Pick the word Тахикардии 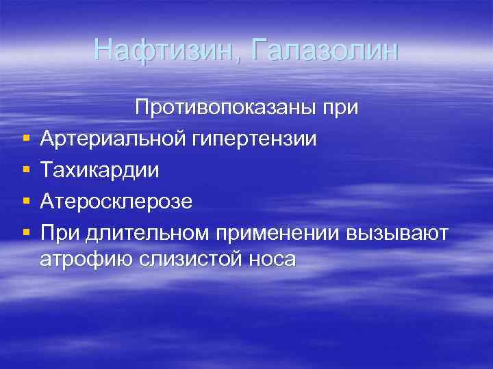(x=99, y=170)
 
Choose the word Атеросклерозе (x=116, y=202)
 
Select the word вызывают (x=399, y=233)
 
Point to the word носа (x=272, y=259)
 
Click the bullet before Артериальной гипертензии (x=25, y=139)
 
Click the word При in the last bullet (x=60, y=233)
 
